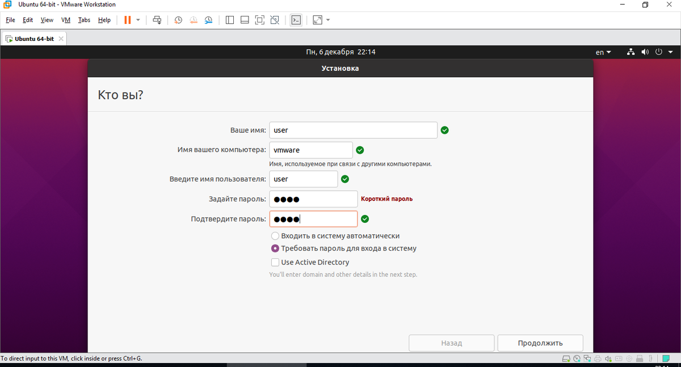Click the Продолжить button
coord(540,343)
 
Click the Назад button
coord(452,343)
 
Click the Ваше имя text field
coord(353,130)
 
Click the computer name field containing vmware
coord(311,150)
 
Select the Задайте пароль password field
coord(313,199)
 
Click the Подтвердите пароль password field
coord(313,219)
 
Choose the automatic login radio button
coord(275,236)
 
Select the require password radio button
coord(275,248)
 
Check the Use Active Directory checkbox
coord(275,262)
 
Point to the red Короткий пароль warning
coord(386,199)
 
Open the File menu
coord(10,20)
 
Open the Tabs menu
coord(84,20)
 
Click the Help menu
coord(104,20)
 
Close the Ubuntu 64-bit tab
coord(61,39)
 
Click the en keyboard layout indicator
coord(603,52)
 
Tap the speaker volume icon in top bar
coord(645,52)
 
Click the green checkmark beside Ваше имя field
coord(445,130)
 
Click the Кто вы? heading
coord(120,95)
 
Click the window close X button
coord(669,5)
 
